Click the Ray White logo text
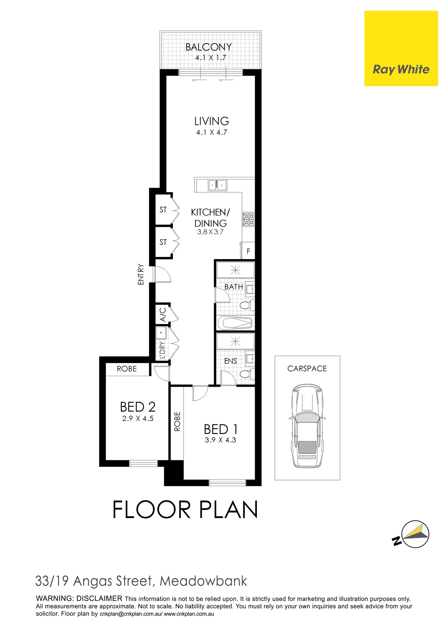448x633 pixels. point(401,70)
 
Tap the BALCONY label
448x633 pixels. point(209,47)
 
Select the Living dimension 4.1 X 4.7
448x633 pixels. point(212,132)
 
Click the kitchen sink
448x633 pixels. point(217,185)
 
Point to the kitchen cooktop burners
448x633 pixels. point(248,219)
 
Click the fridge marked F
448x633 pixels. point(248,251)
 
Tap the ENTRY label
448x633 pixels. point(141,274)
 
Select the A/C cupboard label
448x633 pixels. point(163,314)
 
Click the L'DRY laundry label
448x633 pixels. point(162,350)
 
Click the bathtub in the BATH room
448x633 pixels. point(235,323)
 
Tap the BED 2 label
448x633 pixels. point(138,407)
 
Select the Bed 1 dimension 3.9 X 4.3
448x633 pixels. point(220,440)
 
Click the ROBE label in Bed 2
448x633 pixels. point(127,369)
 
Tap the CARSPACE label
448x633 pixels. point(307,368)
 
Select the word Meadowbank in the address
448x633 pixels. point(203,581)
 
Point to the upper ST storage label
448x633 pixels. point(163,209)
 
